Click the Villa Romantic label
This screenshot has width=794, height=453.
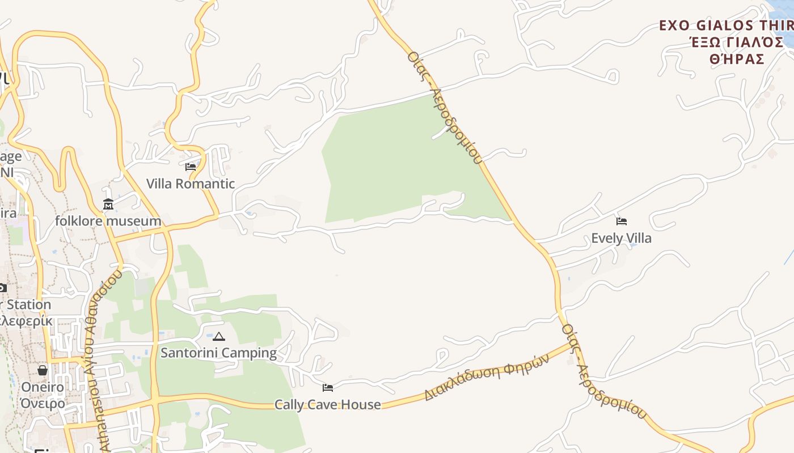click(x=191, y=183)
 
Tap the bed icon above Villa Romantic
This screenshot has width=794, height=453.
click(x=191, y=167)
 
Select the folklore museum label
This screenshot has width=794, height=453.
click(x=108, y=220)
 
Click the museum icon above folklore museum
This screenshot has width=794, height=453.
click(x=108, y=204)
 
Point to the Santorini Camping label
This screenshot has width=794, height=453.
click(x=218, y=353)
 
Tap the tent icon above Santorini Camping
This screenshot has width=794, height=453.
click(x=219, y=337)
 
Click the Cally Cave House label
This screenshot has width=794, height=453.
click(x=327, y=404)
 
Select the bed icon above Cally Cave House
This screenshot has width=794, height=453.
click(x=328, y=388)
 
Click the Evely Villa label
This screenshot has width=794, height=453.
click(x=621, y=238)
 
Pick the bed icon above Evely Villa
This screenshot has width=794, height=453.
click(x=622, y=221)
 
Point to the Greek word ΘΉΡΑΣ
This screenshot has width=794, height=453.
click(x=737, y=59)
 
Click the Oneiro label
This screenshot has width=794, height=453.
click(x=43, y=387)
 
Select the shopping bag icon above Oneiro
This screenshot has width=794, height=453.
click(x=43, y=370)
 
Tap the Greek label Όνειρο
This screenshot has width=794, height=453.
click(x=43, y=403)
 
